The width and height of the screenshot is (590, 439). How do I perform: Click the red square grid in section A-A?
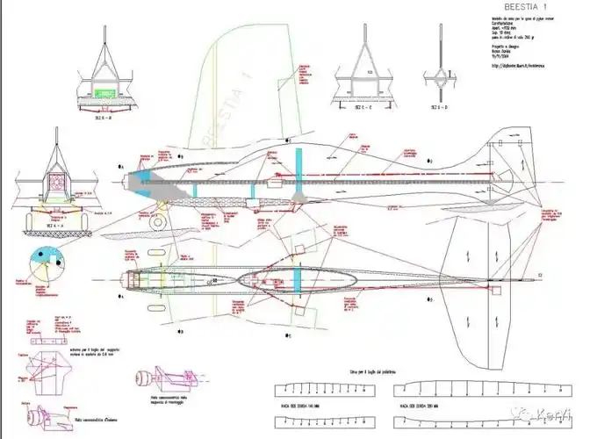[59, 182]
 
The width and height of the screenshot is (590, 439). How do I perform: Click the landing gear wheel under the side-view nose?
[157, 223]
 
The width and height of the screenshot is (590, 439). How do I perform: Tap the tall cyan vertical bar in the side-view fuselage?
[299, 175]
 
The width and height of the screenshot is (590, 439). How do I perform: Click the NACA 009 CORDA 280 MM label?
[418, 407]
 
